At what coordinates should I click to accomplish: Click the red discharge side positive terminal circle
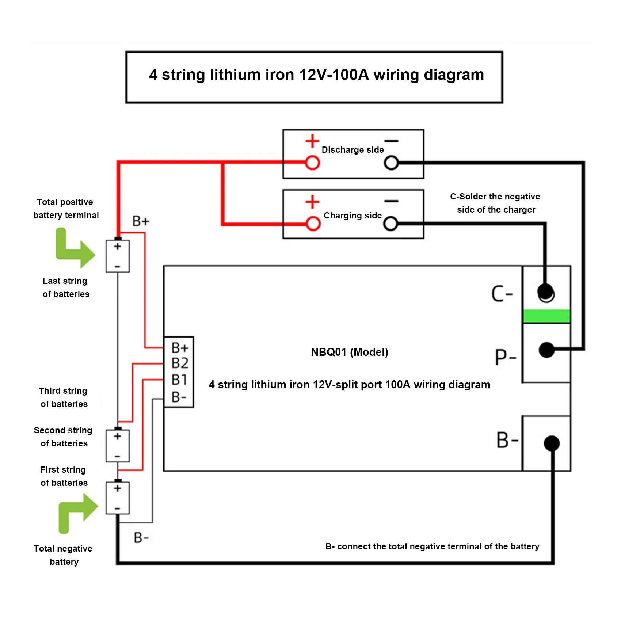point(312,163)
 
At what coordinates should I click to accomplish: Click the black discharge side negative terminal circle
point(391,163)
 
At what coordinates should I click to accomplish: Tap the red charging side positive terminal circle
point(313,223)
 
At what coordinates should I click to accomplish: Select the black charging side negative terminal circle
point(390,223)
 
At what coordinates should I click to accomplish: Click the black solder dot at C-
point(546,292)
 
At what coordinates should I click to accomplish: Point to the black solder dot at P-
point(546,350)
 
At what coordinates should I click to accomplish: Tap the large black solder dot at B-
point(552,443)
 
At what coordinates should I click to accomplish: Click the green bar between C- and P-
point(546,316)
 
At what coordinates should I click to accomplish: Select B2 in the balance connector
point(180,363)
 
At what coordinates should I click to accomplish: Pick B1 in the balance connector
point(179,380)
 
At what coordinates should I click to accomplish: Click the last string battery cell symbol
point(118,256)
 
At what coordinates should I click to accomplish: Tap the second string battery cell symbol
point(118,446)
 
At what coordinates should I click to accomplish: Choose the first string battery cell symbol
point(118,498)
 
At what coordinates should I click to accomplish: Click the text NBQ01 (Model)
point(349,352)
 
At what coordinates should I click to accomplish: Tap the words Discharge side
point(353,150)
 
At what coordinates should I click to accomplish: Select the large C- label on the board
point(502,294)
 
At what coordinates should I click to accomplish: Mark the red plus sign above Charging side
point(312,202)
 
